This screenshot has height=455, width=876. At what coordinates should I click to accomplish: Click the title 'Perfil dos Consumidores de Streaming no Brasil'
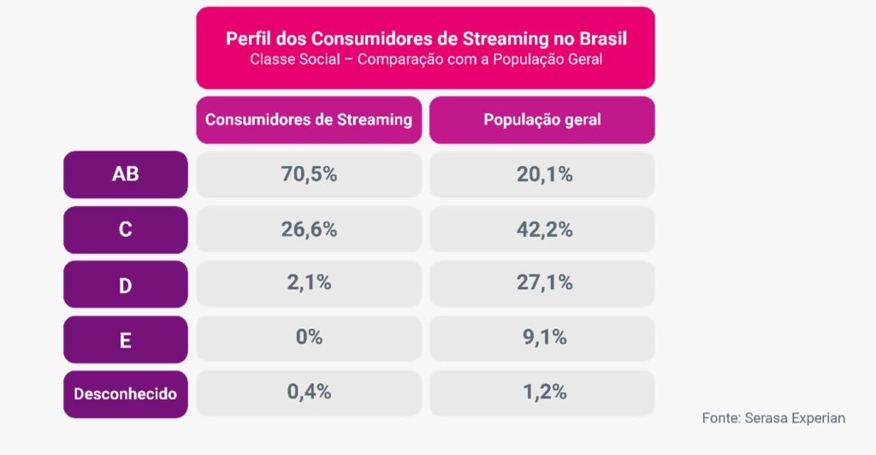point(425,39)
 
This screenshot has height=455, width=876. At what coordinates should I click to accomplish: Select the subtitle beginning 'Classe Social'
point(425,60)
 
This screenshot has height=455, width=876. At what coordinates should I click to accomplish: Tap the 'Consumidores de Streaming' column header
point(309,120)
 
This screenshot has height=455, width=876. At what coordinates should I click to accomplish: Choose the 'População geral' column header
point(542,120)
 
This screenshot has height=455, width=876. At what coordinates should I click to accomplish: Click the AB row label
point(125,174)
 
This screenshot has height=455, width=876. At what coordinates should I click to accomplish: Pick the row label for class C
point(125,229)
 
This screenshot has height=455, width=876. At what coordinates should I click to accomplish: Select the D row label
point(125,285)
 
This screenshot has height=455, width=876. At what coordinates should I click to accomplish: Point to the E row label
point(125,340)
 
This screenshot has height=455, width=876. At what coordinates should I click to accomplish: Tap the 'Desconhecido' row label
point(125,394)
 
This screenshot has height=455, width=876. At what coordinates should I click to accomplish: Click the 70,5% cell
point(309,174)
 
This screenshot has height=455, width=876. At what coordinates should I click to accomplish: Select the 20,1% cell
point(542,174)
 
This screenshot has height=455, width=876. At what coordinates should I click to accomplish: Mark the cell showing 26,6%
point(309,229)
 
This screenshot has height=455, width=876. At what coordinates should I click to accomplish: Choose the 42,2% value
point(542,229)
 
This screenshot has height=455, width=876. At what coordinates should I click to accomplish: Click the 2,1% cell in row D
point(309,283)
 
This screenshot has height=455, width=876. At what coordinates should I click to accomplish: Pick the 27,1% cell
point(542,283)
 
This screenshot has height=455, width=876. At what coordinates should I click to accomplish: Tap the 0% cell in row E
point(309,338)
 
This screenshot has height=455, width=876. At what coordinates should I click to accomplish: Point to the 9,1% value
point(542,338)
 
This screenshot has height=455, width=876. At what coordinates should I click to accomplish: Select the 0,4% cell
point(309,393)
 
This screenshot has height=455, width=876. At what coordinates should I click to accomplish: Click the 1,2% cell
point(542,393)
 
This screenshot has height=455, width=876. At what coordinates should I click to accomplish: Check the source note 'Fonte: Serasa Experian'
point(773,418)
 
